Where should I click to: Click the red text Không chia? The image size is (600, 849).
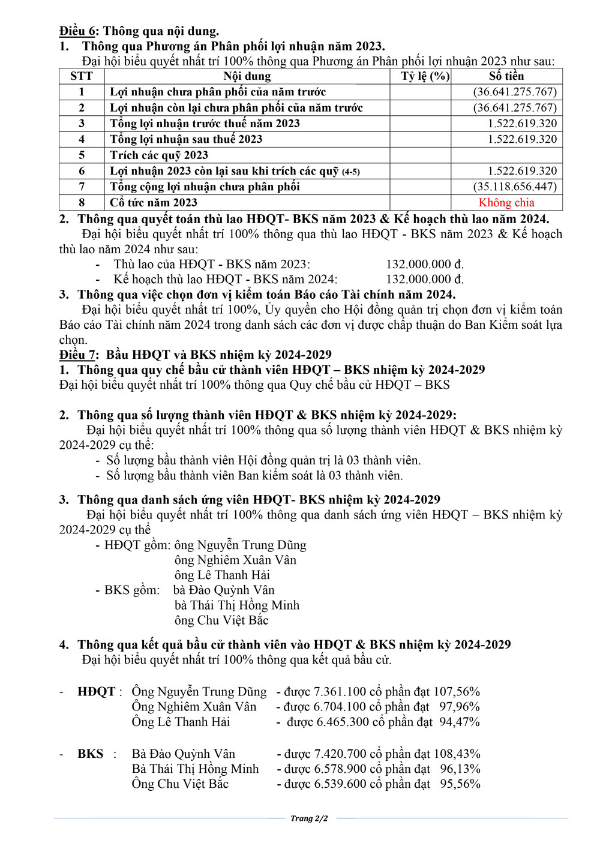(x=506, y=203)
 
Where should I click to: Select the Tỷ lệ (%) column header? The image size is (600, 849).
(x=425, y=76)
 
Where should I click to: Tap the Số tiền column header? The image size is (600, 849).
(x=506, y=76)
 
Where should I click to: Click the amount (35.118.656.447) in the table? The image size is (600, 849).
(x=515, y=187)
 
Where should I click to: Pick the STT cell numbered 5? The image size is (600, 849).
(x=82, y=155)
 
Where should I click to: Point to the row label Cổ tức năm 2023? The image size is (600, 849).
(x=154, y=203)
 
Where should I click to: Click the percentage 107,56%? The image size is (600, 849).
(x=460, y=692)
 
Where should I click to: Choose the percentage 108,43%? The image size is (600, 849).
(x=460, y=754)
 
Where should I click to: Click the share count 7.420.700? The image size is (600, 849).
(x=340, y=754)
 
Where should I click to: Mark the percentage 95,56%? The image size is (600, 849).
(x=461, y=784)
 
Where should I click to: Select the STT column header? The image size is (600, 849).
(x=82, y=76)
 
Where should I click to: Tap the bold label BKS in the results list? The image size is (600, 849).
(x=90, y=754)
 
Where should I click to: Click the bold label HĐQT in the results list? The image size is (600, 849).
(x=96, y=692)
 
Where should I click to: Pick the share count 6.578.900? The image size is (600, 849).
(x=339, y=769)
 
